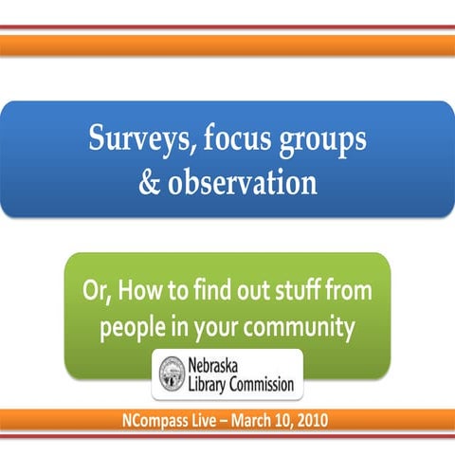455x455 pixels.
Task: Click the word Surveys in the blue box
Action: pos(134,140)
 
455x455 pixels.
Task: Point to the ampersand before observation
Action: pos(151,181)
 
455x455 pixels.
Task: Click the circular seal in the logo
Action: pos(172,373)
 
